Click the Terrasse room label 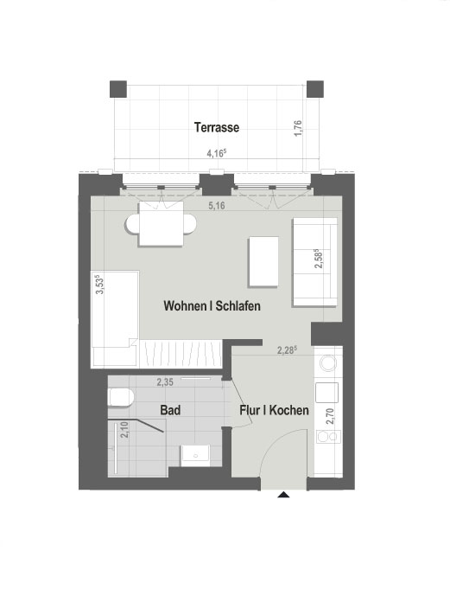pos(216,127)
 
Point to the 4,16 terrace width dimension pos(216,153)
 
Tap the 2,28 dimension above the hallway pos(287,350)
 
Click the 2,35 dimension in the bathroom pos(165,381)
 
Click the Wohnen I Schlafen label pos(212,306)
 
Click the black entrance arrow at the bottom pos(283,496)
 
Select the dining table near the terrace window pos(163,227)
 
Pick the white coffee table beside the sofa pos(263,261)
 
